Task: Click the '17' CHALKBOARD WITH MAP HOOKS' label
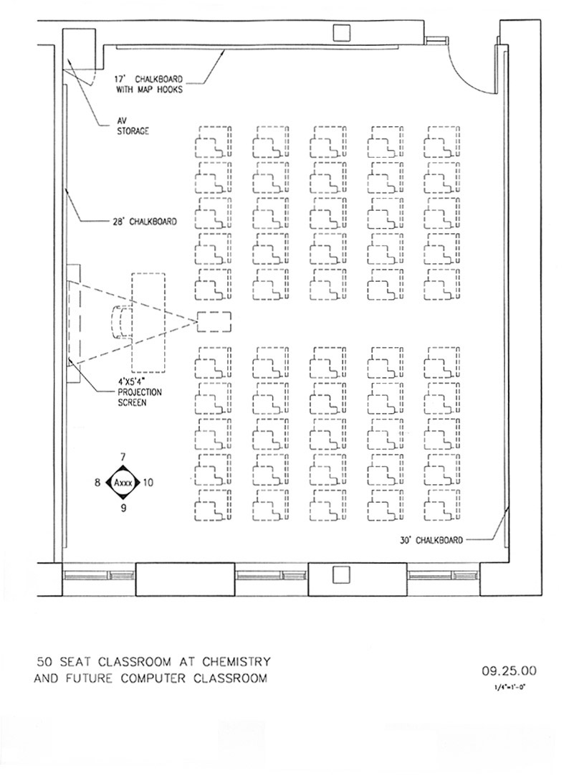click(149, 84)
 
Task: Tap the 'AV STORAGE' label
click(133, 126)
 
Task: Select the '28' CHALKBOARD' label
click(144, 222)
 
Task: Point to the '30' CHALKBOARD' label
click(431, 540)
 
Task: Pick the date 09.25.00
click(509, 671)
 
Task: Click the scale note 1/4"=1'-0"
click(509, 686)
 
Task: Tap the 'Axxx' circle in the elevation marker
click(123, 482)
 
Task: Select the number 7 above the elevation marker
click(123, 456)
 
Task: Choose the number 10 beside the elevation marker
click(148, 482)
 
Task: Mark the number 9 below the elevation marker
click(123, 508)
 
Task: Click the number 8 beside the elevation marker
click(98, 482)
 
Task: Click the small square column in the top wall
click(341, 33)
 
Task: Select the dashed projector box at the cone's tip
click(214, 322)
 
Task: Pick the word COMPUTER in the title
click(154, 678)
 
